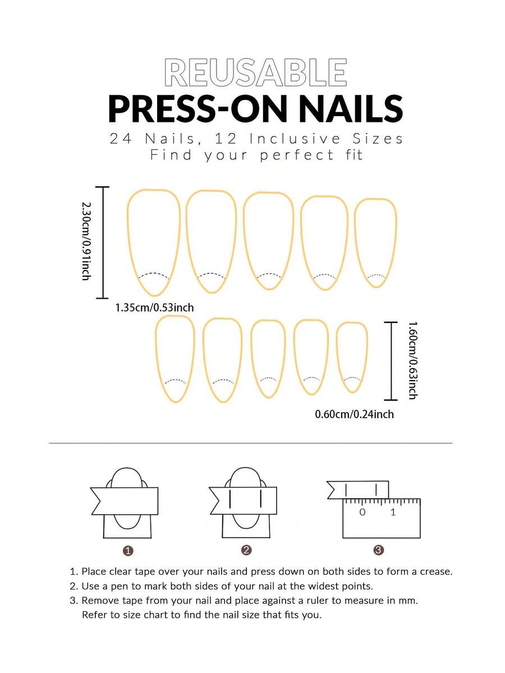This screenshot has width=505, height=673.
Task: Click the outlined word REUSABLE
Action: [x=256, y=72]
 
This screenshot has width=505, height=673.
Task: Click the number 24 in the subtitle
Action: [x=121, y=139]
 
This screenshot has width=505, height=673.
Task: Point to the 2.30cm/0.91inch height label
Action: [x=86, y=242]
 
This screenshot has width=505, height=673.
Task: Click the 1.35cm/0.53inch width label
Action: [x=154, y=308]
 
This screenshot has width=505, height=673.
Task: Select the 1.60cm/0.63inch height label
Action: [x=412, y=360]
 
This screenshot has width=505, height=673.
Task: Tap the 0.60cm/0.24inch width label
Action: [x=355, y=414]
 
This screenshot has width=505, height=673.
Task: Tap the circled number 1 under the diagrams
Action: [x=128, y=551]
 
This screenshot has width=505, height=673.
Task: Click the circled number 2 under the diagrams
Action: [x=246, y=550]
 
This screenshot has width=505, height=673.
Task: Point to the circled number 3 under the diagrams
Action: [x=378, y=550]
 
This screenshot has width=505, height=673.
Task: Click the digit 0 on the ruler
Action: [x=362, y=512]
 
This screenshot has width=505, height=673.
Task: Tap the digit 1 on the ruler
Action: [x=393, y=512]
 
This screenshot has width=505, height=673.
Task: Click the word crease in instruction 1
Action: [x=436, y=572]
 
